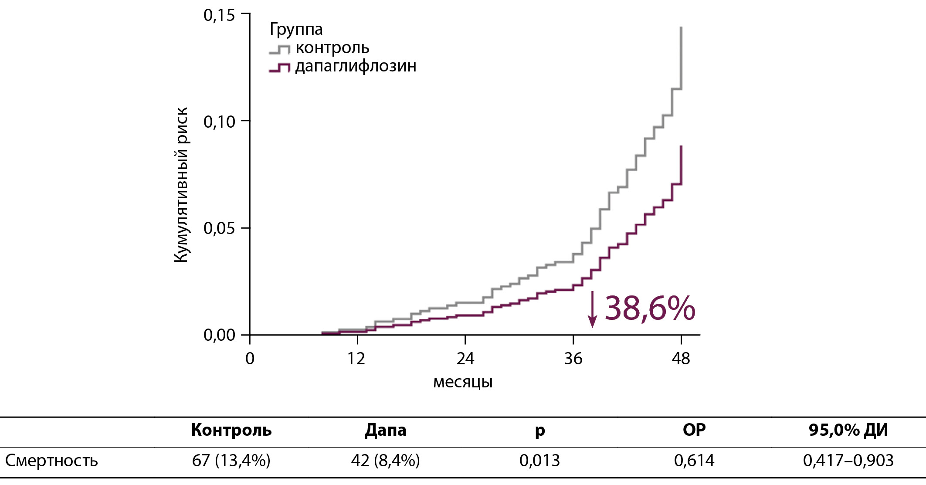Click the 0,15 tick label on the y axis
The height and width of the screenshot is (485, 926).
click(219, 15)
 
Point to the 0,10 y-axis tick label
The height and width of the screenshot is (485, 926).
click(219, 122)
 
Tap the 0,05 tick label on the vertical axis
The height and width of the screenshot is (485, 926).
click(219, 228)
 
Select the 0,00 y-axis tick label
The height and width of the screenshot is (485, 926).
click(219, 336)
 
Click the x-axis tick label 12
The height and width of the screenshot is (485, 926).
click(356, 359)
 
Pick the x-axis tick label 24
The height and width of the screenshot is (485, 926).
click(465, 359)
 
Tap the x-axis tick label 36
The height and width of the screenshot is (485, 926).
click(573, 359)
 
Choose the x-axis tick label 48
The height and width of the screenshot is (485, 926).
click(681, 359)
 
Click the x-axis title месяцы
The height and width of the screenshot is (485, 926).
click(463, 382)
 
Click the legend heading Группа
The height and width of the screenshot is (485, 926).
click(296, 30)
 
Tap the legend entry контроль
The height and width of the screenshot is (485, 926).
click(332, 47)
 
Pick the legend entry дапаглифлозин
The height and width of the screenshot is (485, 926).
click(356, 66)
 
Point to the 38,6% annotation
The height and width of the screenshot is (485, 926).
click(650, 308)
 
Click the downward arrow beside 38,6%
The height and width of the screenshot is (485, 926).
click(592, 309)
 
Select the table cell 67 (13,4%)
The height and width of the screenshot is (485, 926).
click(231, 461)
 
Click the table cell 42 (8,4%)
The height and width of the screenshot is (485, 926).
click(385, 461)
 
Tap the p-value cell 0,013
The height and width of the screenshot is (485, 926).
click(539, 461)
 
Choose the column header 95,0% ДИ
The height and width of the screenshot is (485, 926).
click(848, 430)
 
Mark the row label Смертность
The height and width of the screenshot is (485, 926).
click(51, 461)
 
